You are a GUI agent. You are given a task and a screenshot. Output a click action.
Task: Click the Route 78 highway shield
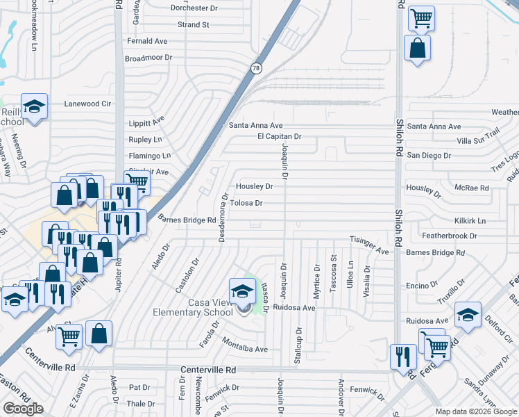click(256, 68)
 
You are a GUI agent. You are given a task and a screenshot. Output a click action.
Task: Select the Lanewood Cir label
click(87, 104)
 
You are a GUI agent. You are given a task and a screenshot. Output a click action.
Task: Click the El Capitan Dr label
click(280, 137)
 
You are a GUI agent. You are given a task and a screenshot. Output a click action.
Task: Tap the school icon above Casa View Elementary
click(242, 290)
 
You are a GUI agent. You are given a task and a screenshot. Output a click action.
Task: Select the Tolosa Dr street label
click(246, 204)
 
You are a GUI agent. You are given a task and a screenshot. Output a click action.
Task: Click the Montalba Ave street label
click(245, 349)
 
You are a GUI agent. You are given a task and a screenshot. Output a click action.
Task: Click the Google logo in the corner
click(23, 409)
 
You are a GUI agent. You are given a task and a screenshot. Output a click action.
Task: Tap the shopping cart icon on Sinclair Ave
click(137, 182)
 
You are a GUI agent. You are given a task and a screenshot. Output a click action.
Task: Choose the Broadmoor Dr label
click(148, 58)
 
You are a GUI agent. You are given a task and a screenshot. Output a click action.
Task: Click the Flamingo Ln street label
click(149, 156)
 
